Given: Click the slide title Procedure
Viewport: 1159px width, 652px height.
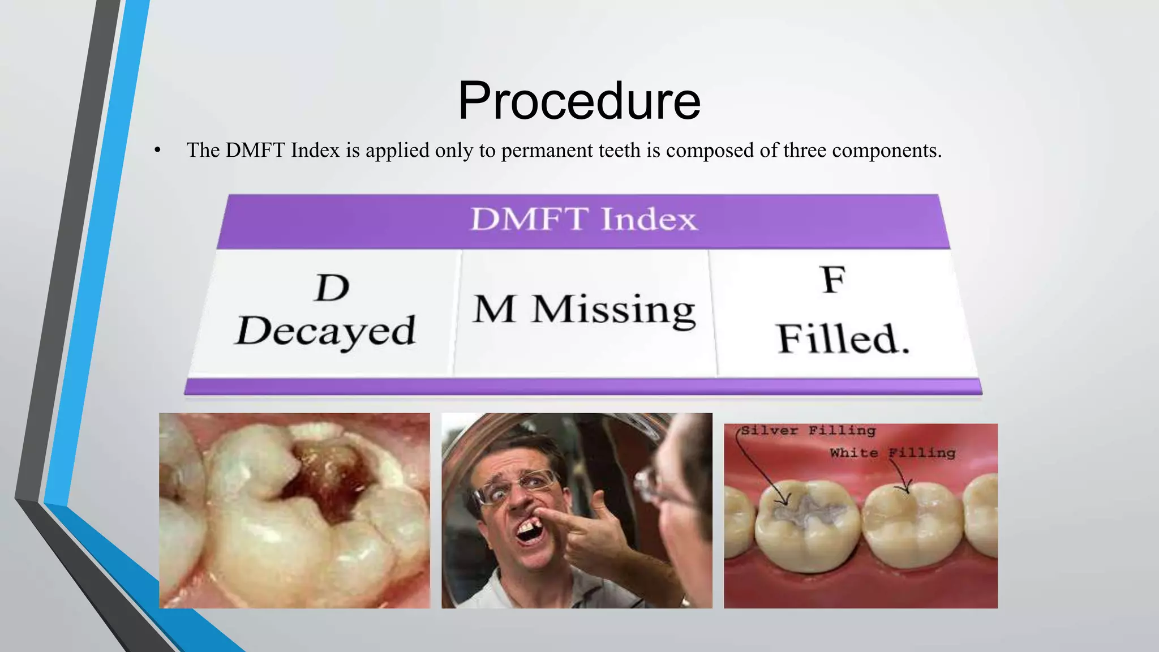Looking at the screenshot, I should click(579, 101).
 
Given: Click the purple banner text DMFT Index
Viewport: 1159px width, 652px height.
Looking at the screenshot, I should click(583, 219).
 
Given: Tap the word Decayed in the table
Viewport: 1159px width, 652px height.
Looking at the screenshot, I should click(326, 331).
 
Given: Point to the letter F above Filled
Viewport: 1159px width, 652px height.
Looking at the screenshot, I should click(834, 280).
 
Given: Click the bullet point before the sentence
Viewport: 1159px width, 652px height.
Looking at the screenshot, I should click(157, 151).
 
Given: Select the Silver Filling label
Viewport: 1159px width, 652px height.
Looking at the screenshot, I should click(808, 431).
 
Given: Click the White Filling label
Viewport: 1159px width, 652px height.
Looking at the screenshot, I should click(892, 453).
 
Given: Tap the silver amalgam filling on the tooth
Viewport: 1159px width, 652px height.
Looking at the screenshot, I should click(809, 509).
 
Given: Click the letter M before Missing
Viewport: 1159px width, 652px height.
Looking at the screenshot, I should click(494, 310).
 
